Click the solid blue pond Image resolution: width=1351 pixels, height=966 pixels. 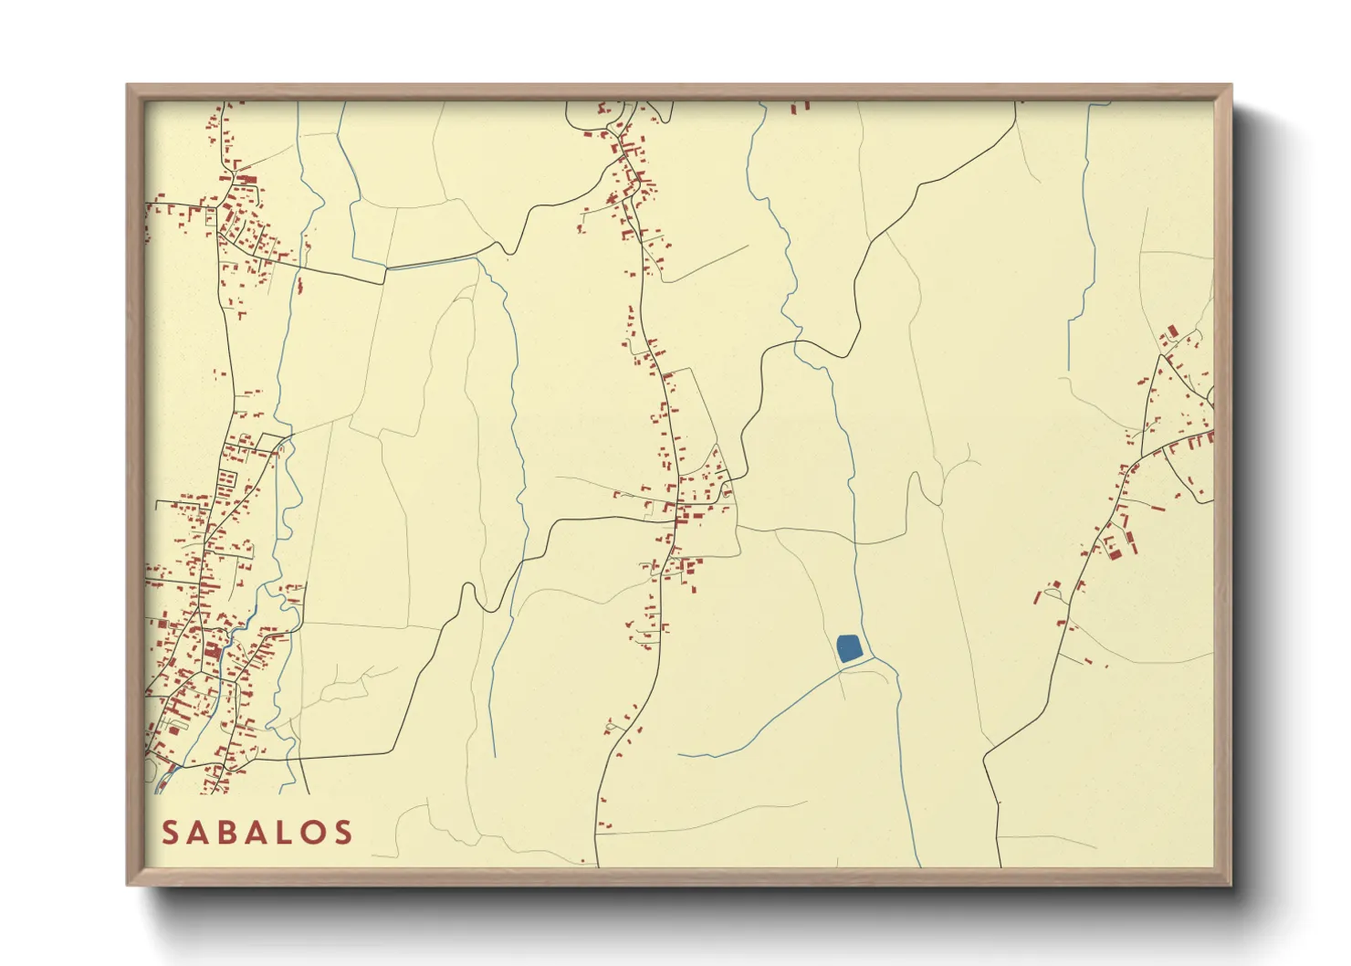click(848, 648)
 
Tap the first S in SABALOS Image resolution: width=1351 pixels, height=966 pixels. click(172, 833)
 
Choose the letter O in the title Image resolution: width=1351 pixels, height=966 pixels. click(314, 833)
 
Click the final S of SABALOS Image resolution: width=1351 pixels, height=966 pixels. click(344, 833)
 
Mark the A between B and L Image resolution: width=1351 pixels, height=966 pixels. click(258, 833)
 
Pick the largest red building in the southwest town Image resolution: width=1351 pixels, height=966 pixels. click(213, 651)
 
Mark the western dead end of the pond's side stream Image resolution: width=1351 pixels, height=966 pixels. click(680, 754)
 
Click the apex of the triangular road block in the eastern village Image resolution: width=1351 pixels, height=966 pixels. click(1160, 355)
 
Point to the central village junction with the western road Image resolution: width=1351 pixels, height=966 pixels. click(675, 519)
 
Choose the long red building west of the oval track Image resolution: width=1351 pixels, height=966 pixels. click(1036, 597)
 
